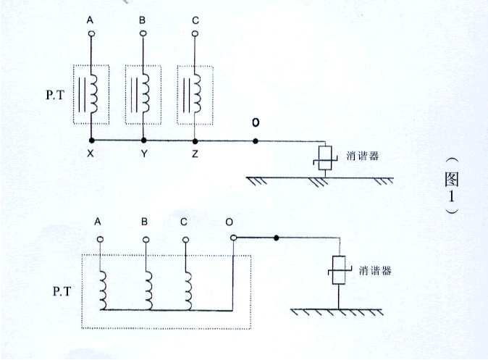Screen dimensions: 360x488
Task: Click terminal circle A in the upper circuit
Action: tap(91, 33)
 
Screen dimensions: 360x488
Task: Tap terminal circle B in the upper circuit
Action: tap(143, 33)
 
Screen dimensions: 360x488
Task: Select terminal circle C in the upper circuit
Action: tap(195, 33)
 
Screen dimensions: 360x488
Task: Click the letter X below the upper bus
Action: tap(91, 154)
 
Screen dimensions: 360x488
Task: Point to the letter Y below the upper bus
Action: tap(143, 154)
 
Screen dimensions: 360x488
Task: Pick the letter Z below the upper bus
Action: tap(195, 154)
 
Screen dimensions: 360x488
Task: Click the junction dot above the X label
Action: tap(91, 140)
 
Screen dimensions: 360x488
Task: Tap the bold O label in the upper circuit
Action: tap(255, 122)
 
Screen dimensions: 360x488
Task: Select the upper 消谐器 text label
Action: tap(361, 154)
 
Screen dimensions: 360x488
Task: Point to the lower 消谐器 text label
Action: tap(376, 270)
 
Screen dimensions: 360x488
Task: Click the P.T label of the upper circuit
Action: tap(55, 94)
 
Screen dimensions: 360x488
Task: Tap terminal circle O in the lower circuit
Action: tap(233, 238)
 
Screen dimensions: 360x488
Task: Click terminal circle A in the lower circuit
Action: tap(101, 238)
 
